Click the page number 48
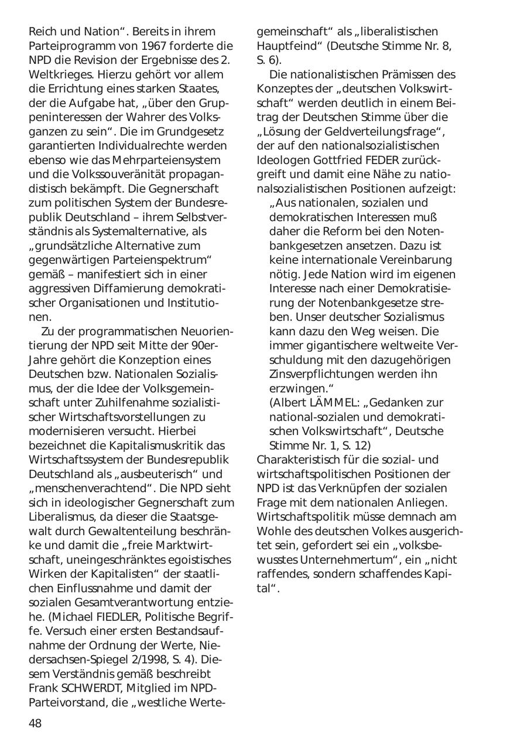click(35, 723)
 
